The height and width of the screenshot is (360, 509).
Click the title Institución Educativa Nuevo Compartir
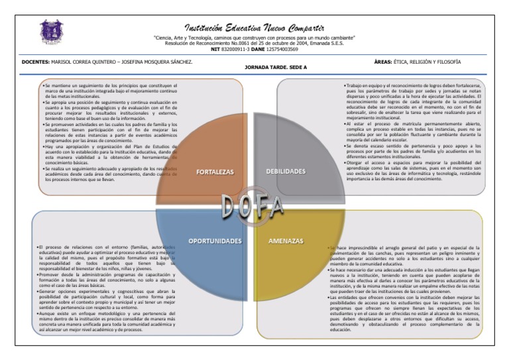point(254,28)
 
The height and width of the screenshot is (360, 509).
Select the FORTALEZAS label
point(215,172)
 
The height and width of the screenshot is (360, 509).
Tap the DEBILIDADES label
point(285,172)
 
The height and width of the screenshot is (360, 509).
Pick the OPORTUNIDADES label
point(214,241)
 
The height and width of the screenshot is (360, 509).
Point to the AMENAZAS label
point(286,241)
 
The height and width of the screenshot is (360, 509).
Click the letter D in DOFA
point(227,207)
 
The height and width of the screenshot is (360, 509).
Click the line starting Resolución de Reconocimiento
point(254,44)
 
